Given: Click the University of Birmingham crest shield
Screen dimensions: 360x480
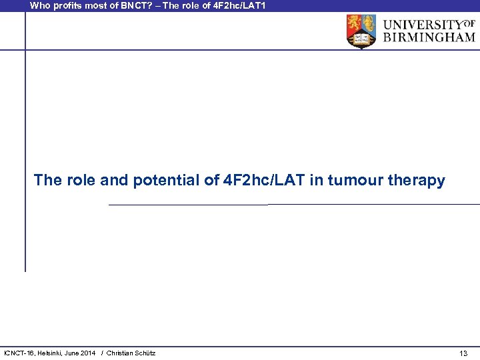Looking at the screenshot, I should point(361,31).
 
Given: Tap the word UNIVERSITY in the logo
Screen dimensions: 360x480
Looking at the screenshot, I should point(422,25).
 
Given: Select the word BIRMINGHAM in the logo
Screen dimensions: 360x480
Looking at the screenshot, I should point(429,38).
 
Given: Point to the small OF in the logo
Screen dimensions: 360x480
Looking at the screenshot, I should point(469,23).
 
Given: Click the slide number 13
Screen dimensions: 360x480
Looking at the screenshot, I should point(463,353).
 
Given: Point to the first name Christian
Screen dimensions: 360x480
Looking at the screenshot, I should point(121,353).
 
